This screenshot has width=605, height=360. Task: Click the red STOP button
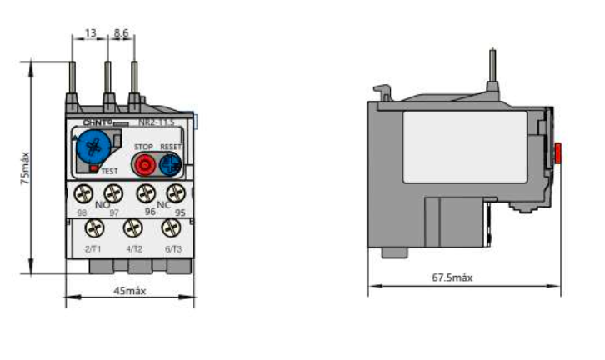(x=144, y=162)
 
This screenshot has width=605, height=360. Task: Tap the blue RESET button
(x=170, y=162)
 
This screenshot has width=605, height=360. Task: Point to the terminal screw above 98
(x=83, y=193)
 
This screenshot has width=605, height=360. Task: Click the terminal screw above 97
(x=113, y=193)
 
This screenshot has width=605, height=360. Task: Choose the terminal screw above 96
(x=144, y=193)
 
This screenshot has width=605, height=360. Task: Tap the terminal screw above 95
(x=175, y=193)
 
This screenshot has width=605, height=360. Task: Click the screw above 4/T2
(x=132, y=227)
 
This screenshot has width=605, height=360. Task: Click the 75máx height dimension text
(x=27, y=168)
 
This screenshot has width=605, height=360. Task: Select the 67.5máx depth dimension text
(x=452, y=277)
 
